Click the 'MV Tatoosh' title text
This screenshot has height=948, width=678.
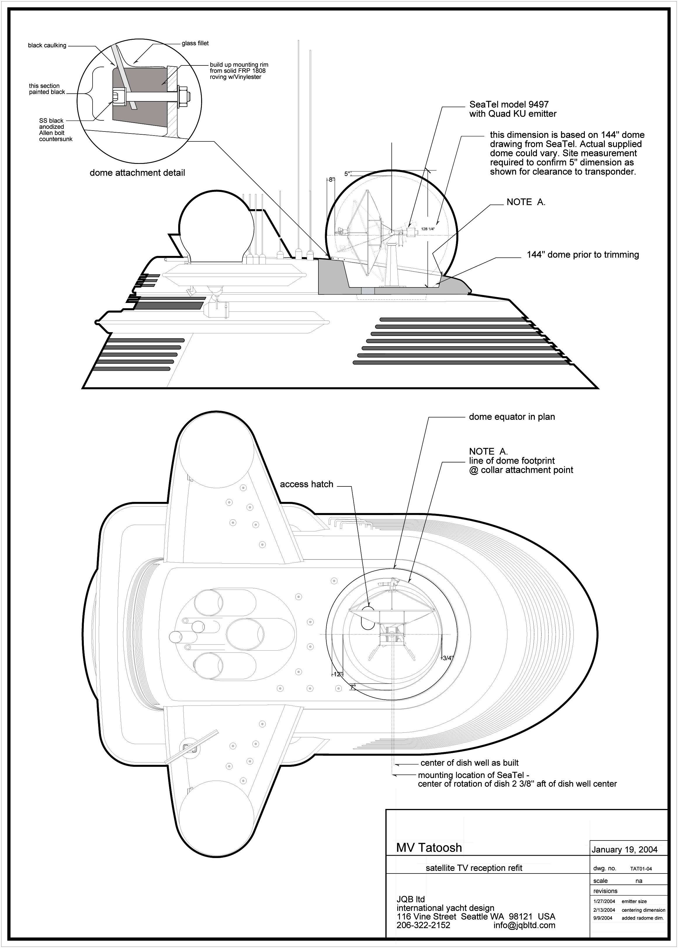429,848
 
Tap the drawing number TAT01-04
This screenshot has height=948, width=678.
641,869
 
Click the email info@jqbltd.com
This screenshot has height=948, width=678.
524,922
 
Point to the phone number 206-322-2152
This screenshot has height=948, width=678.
423,922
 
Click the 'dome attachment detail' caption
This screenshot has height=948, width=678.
137,173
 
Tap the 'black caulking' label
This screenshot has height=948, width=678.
47,46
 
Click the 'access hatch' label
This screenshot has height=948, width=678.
306,484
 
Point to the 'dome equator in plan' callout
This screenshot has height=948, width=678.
512,417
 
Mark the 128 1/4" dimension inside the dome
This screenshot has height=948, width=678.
428,229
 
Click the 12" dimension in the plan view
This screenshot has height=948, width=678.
338,674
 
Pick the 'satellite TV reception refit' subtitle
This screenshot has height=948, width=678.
474,868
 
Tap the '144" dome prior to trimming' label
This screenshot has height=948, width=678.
583,255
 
